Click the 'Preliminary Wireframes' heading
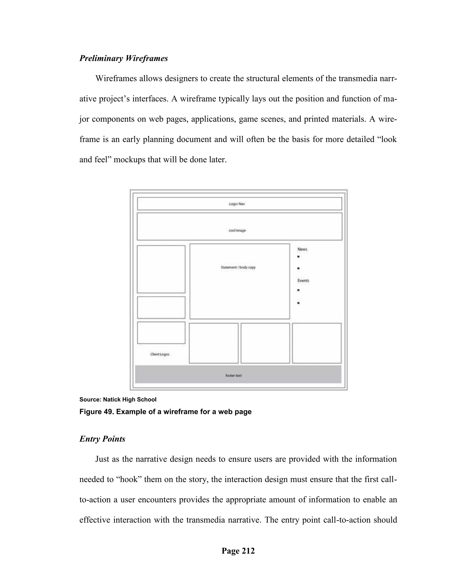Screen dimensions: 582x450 click(123, 58)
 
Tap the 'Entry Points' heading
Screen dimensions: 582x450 click(102, 439)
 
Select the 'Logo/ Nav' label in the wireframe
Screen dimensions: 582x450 click(237, 204)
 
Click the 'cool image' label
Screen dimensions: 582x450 click(237, 231)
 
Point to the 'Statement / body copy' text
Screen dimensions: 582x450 click(238, 267)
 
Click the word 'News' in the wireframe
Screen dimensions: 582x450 click(302, 249)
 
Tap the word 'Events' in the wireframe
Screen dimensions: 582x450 click(303, 281)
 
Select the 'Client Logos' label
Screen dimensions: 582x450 click(160, 354)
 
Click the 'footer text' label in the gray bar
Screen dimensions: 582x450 click(234, 376)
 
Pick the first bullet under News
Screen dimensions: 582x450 click(298, 257)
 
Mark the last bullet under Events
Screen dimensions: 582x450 click(298, 303)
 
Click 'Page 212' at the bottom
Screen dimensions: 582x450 click(238, 551)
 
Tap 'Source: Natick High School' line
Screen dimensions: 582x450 click(118, 399)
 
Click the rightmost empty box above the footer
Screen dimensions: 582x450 click(316, 343)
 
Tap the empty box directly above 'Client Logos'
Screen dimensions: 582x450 click(161, 333)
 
